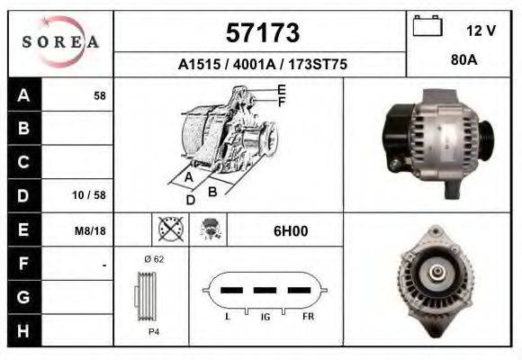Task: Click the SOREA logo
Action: (x=60, y=42)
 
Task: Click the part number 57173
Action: (x=262, y=33)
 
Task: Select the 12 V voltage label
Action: (x=481, y=31)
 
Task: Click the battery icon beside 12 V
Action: (x=426, y=26)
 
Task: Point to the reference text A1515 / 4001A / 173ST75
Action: (x=262, y=65)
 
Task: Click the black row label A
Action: (x=23, y=94)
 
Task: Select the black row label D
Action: (x=23, y=195)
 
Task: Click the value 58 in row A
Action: (x=100, y=95)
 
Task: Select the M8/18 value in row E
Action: (x=92, y=230)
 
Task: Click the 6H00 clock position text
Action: (x=291, y=230)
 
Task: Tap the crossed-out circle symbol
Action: (x=170, y=229)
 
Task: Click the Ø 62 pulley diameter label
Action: (x=153, y=259)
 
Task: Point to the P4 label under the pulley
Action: (x=153, y=332)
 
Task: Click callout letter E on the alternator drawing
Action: (x=282, y=89)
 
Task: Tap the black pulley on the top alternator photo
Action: (x=483, y=136)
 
